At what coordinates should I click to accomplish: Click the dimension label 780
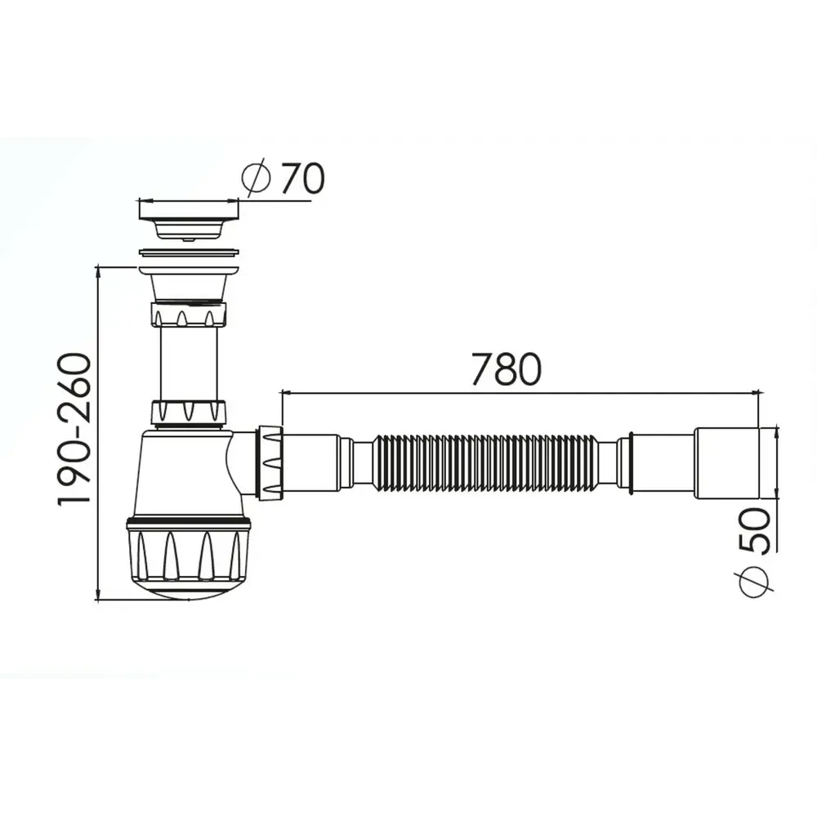coord(507,369)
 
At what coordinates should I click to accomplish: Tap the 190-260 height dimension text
coord(74,429)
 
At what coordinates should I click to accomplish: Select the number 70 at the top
coord(303,178)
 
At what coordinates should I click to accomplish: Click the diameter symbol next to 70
coord(257,177)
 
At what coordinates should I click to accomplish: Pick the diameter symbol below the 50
coord(753,583)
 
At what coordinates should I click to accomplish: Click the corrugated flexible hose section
coord(485,462)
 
